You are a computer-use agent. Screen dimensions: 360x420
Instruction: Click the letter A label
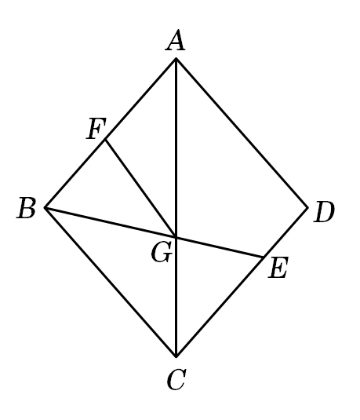176,41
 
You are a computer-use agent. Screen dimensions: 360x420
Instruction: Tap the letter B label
26,208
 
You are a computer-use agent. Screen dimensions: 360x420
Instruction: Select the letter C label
176,379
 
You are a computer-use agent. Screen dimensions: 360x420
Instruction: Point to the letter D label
325,212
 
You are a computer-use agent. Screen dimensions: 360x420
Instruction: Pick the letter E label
278,267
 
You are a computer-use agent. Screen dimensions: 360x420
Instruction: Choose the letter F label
96,129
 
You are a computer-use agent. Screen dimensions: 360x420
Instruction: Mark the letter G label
162,253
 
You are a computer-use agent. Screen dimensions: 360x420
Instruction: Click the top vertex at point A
176,58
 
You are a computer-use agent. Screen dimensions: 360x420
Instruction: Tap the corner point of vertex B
45,207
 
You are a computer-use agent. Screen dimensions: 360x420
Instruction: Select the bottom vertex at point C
176,356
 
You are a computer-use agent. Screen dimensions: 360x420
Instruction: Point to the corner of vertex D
307,207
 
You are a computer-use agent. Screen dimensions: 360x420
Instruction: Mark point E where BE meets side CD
264,257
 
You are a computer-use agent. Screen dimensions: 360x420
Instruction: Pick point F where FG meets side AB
105,139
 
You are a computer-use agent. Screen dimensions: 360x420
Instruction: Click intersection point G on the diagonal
176,237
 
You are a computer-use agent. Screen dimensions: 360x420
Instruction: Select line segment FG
141,188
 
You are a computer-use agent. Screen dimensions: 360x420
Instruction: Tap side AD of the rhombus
242,133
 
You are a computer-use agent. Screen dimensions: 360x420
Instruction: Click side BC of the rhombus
111,282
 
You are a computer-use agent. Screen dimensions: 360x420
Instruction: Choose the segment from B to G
111,222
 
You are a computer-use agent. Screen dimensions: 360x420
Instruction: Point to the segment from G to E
220,247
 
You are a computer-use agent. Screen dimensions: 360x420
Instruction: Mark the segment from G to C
176,297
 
